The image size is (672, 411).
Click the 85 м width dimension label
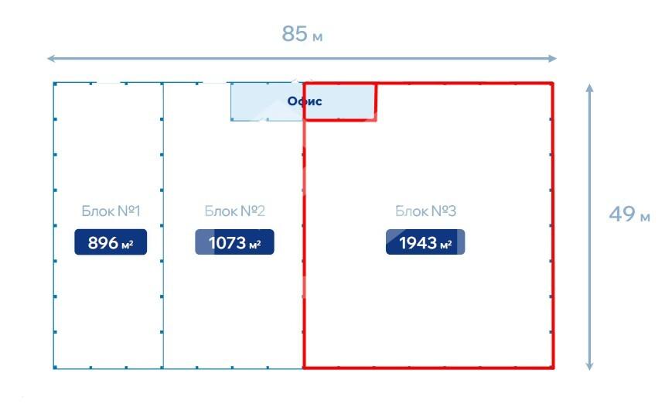pos(302,35)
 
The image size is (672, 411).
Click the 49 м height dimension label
pos(629,214)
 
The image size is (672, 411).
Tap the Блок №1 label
pos(111,211)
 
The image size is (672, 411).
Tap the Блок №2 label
pos(234,211)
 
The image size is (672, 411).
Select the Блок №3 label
pos(425,211)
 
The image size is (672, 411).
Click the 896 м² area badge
pos(111,242)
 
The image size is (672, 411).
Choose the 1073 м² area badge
pos(234,242)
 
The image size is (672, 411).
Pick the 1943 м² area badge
pos(425,242)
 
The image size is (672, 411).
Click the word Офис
pos(304,101)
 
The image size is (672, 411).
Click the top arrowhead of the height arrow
pos(589,87)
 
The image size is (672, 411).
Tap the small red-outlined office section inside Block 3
pos(340,101)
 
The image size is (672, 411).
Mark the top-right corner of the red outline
pos(552,84)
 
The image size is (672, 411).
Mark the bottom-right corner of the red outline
pos(552,367)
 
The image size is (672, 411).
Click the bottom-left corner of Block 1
pos(54,367)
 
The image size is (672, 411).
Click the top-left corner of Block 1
pos(54,83)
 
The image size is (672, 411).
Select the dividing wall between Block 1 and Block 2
pos(163,224)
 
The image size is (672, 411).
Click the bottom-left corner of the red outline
pos(304,367)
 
